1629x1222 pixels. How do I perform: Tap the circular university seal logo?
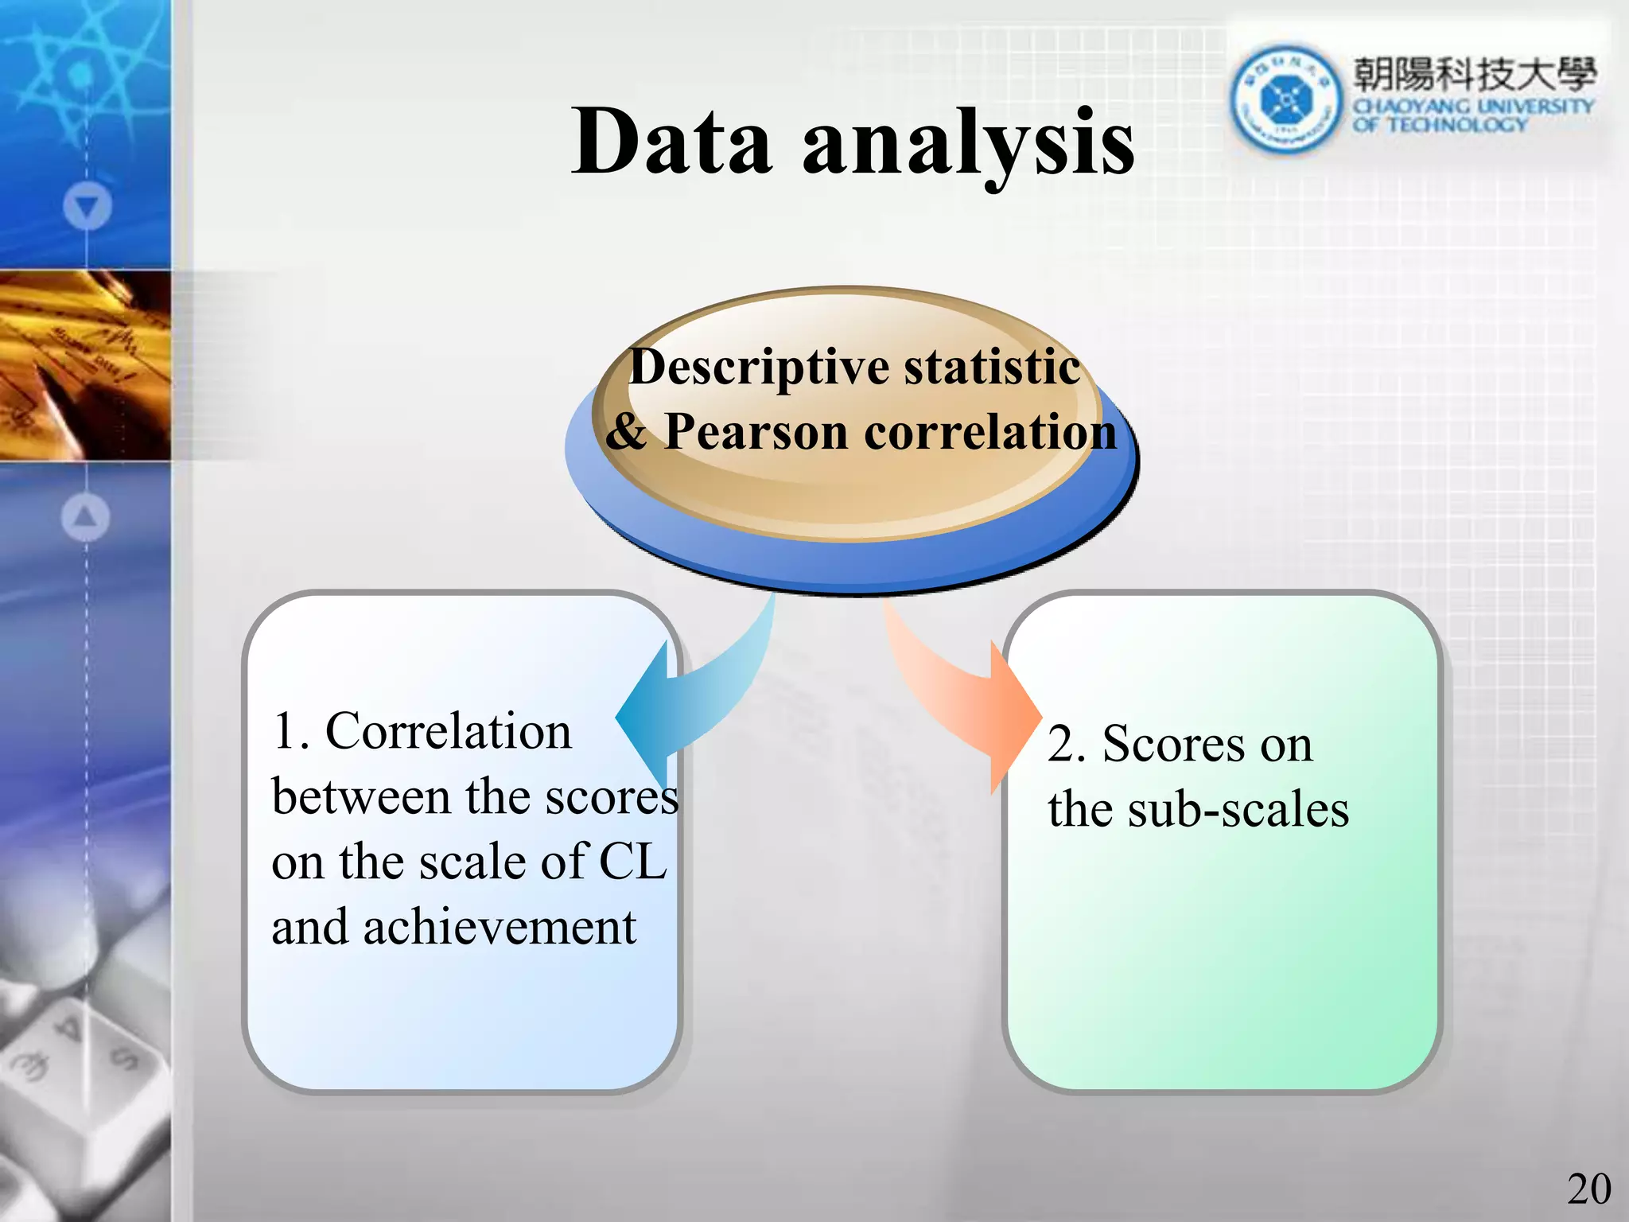1284,99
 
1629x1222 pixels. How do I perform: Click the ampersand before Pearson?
626,432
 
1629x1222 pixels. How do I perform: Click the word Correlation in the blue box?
449,731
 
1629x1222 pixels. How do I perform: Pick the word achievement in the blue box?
500,928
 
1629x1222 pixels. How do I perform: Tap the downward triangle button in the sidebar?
87,207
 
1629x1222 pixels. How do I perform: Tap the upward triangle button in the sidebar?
85,517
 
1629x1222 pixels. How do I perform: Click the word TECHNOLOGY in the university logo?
1457,125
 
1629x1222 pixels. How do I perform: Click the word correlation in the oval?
990,432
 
